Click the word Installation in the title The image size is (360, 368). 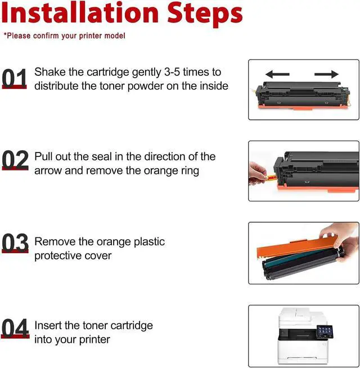pos(80,13)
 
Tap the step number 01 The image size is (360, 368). pos(14,78)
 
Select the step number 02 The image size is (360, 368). pos(15,160)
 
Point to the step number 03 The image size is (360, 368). pos(15,243)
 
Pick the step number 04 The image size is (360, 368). pos(15,328)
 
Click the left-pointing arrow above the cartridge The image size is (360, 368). pos(278,74)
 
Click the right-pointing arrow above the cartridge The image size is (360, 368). pos(326,74)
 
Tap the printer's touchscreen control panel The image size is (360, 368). pos(325,331)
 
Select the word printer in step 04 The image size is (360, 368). pos(94,340)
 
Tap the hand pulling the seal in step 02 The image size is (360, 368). pos(258,173)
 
